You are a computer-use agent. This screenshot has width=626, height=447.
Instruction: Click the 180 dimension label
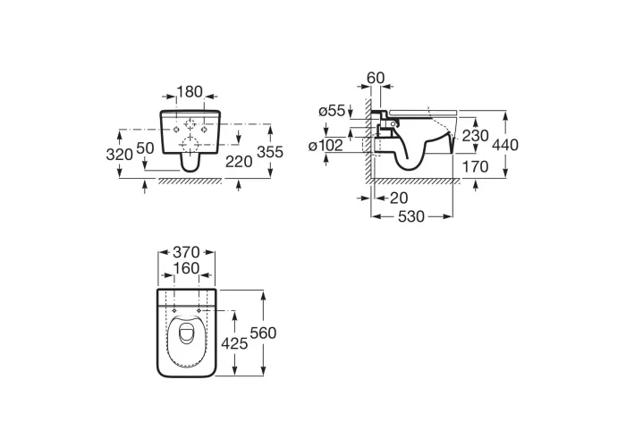[x=190, y=92]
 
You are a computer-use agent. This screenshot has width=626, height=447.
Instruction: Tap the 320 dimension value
[x=119, y=154]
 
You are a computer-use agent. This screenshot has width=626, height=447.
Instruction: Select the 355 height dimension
[x=270, y=152]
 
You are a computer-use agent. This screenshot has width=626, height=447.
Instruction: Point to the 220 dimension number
[x=239, y=162]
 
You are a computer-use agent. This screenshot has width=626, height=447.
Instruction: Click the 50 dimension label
[x=145, y=148]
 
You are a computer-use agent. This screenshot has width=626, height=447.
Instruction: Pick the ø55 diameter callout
[x=332, y=111]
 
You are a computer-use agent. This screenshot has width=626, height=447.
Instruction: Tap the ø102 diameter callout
[x=326, y=146]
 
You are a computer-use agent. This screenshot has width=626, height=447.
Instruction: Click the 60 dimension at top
[x=376, y=78]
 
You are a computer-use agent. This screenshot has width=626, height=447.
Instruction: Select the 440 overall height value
[x=505, y=145]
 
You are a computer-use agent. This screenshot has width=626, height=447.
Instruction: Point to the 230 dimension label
[x=475, y=136]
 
